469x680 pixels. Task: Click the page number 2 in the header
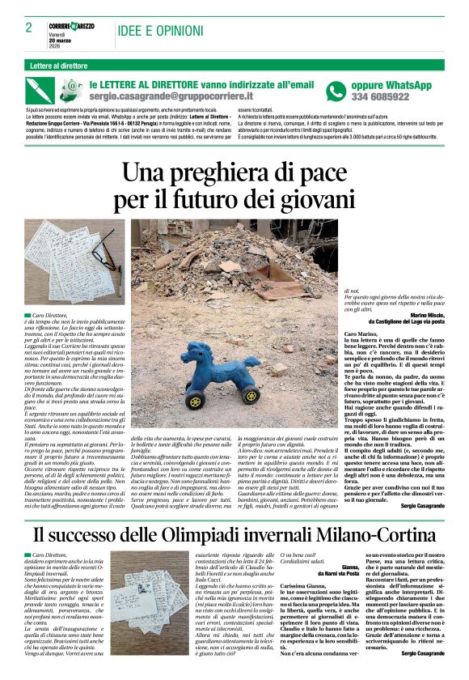pyautogui.click(x=28, y=28)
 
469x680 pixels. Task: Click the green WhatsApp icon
pyautogui.click(x=336, y=91)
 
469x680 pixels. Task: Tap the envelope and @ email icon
pyautogui.click(x=73, y=88)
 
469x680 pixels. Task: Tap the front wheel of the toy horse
pyautogui.click(x=195, y=400)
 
